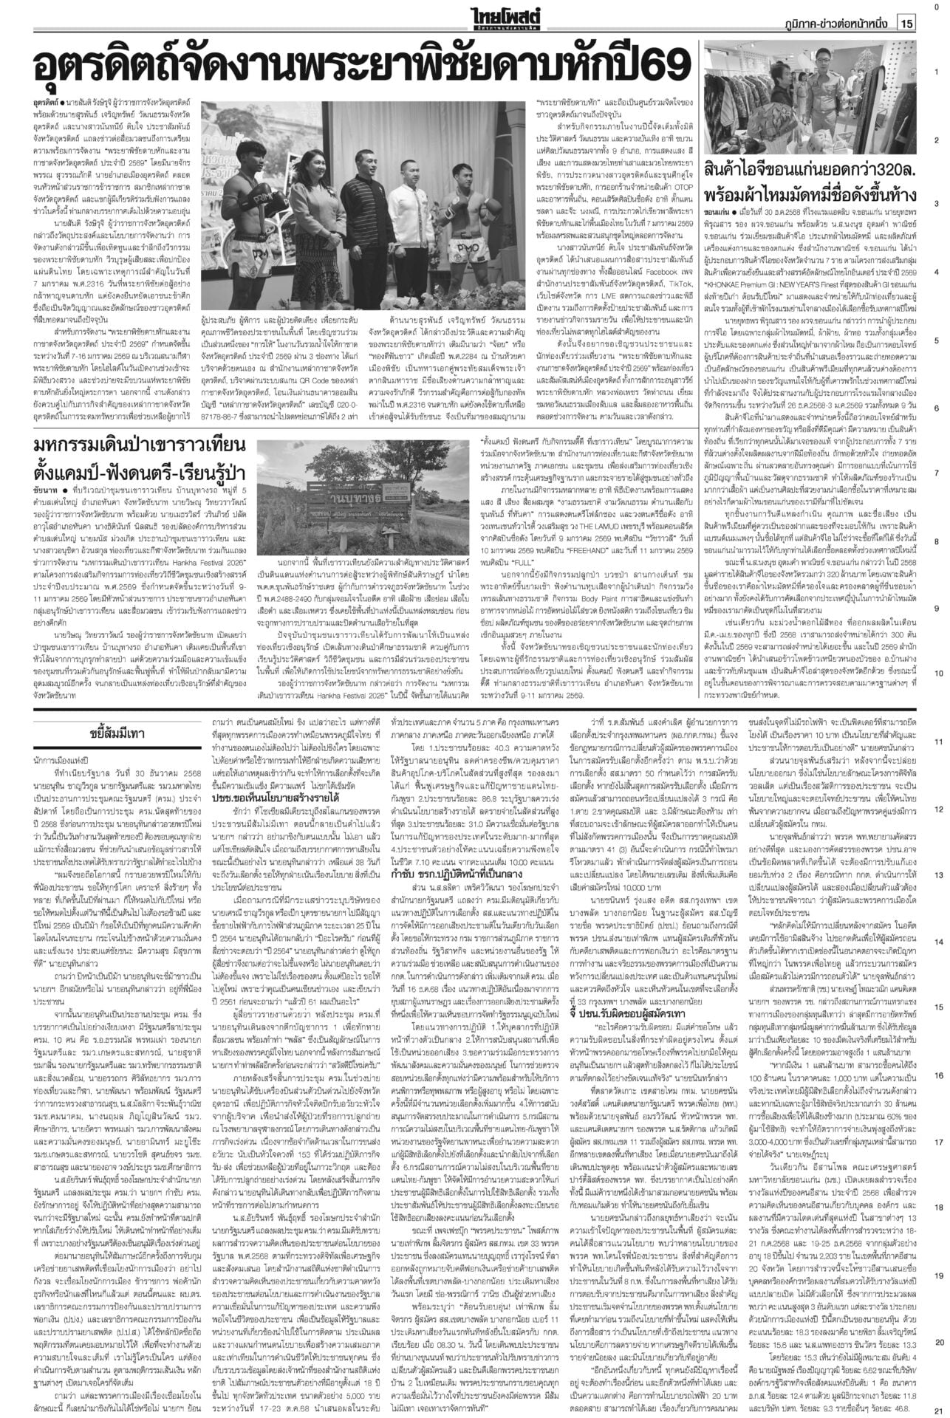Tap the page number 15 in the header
tap(906, 24)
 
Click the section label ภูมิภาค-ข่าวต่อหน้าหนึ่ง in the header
tap(835, 24)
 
